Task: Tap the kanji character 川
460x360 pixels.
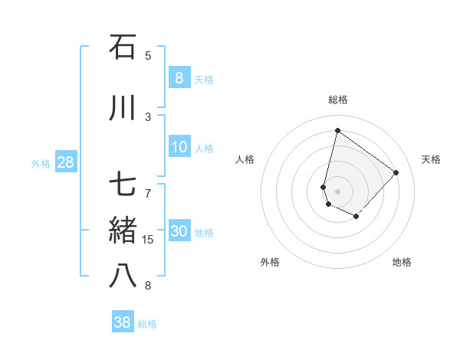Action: (x=123, y=108)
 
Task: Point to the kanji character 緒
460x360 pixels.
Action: (x=123, y=231)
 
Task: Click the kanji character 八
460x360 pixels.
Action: (x=123, y=277)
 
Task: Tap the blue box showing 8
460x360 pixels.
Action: (x=179, y=77)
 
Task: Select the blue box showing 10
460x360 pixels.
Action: (x=179, y=147)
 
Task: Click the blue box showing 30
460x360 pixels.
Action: (x=179, y=231)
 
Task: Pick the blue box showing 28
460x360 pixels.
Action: (x=64, y=162)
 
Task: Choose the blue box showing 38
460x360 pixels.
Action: (x=122, y=322)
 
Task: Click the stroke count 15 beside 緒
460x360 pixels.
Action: (x=148, y=240)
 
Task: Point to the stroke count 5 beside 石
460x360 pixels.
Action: (x=148, y=56)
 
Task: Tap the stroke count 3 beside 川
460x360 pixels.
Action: (x=148, y=117)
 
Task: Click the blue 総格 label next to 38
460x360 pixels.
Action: (x=147, y=324)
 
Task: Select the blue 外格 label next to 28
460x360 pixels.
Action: (x=41, y=163)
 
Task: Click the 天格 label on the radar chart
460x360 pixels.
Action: (x=431, y=159)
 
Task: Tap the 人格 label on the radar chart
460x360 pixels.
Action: (x=245, y=159)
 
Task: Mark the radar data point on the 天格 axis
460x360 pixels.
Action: (x=396, y=172)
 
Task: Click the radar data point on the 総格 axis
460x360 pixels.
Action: (x=337, y=130)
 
